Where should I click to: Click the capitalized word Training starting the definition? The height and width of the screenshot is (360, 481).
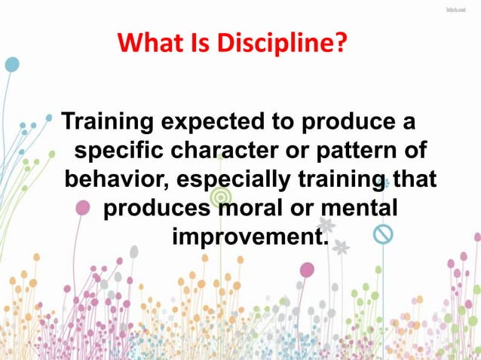pyautogui.click(x=111, y=121)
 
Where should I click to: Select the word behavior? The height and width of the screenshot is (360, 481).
pyautogui.click(x=112, y=179)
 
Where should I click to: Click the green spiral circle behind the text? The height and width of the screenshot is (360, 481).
pyautogui.click(x=219, y=197)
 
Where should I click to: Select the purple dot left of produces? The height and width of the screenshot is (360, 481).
pyautogui.click(x=84, y=207)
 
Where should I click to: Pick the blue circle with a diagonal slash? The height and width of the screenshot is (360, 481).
pyautogui.click(x=383, y=234)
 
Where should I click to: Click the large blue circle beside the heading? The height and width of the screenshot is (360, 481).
pyautogui.click(x=12, y=64)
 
